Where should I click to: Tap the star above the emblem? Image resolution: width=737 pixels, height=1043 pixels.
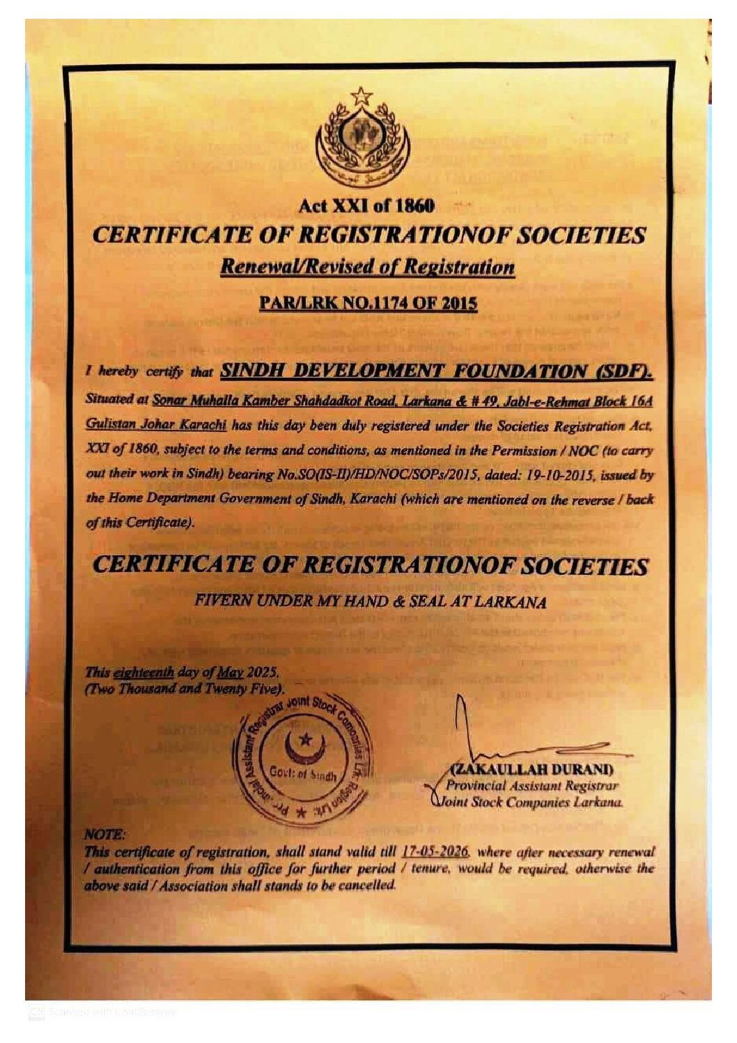[361, 95]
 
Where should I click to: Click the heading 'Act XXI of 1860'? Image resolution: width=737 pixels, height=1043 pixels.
[366, 206]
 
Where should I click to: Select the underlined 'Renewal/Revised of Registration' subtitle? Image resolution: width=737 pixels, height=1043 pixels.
[367, 267]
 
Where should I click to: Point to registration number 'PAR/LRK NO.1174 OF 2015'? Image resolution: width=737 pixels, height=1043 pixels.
[368, 303]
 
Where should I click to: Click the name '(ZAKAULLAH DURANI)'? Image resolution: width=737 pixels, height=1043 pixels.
[533, 770]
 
